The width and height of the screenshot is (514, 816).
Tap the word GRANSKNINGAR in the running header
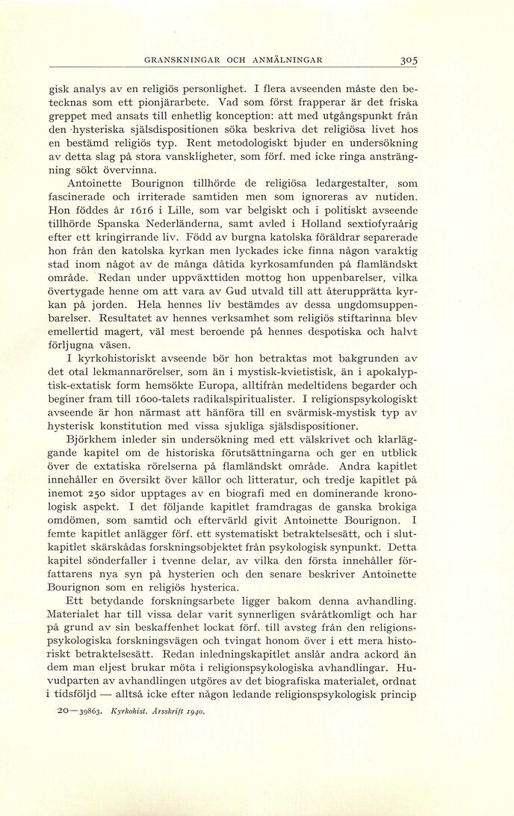(x=181, y=60)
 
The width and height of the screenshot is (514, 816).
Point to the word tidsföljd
(x=81, y=695)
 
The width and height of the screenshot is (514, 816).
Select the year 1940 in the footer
(x=193, y=711)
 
